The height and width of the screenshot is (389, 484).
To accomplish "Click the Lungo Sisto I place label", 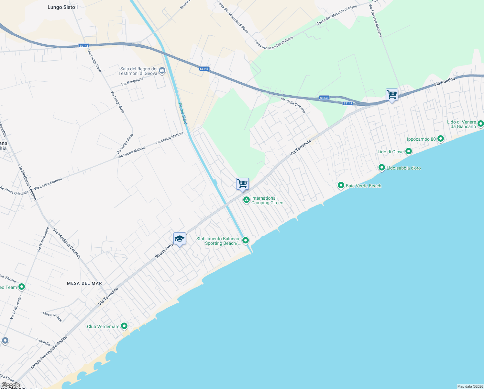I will pyautogui.click(x=62, y=7).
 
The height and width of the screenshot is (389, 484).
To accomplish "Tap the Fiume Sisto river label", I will pyautogui.click(x=183, y=113).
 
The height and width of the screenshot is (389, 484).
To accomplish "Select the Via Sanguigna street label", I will pyautogui.click(x=132, y=82).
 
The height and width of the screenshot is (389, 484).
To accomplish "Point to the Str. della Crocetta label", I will pyautogui.click(x=293, y=105).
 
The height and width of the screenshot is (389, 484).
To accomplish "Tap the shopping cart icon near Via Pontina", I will pyautogui.click(x=392, y=95).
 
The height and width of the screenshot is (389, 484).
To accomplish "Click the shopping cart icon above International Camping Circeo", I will pyautogui.click(x=242, y=184).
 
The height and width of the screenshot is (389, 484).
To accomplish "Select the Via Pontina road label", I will pyautogui.click(x=445, y=81).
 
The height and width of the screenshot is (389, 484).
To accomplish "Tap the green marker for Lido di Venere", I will pyautogui.click(x=480, y=124).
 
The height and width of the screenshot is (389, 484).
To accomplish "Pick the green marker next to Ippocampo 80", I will pyautogui.click(x=440, y=139).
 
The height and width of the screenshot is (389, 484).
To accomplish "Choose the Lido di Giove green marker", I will pyautogui.click(x=408, y=151).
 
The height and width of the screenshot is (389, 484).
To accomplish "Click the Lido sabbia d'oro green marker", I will pyautogui.click(x=382, y=168).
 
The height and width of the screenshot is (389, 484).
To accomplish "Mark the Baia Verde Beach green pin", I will pyautogui.click(x=341, y=185).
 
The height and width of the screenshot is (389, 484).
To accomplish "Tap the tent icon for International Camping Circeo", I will pyautogui.click(x=246, y=200).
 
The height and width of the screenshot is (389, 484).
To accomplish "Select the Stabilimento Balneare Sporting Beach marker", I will pyautogui.click(x=246, y=240).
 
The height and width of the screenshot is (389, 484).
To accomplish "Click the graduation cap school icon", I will pyautogui.click(x=180, y=239).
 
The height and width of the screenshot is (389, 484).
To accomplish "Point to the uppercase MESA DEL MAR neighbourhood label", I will pyautogui.click(x=84, y=283).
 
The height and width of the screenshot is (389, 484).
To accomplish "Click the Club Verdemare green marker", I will pyautogui.click(x=124, y=326).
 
